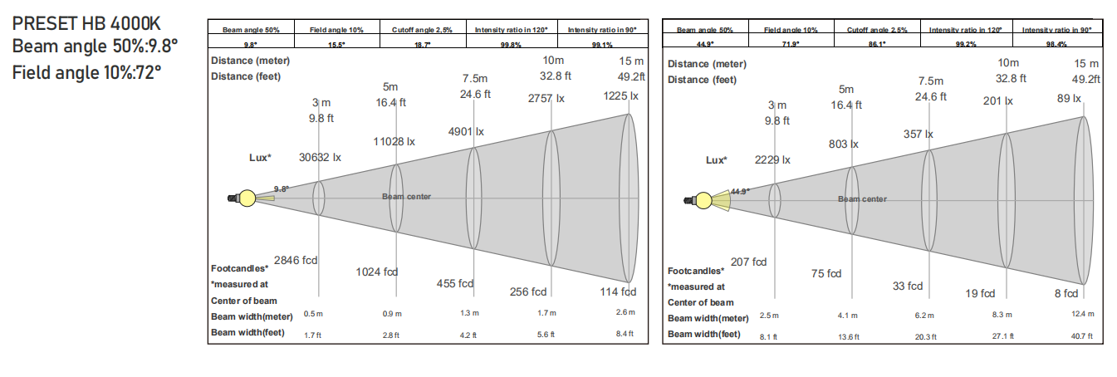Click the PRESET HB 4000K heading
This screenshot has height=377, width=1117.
tap(86, 23)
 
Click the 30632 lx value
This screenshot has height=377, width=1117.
tap(320, 158)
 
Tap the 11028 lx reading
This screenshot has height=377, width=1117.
tap(394, 142)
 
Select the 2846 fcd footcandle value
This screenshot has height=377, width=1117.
tap(295, 260)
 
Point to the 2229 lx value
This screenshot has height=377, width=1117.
tap(772, 160)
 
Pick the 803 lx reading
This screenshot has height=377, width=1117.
tap(844, 144)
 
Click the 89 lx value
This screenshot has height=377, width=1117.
tap(1069, 99)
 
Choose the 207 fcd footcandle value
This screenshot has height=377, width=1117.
tap(748, 262)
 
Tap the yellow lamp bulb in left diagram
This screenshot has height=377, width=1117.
tap(247, 198)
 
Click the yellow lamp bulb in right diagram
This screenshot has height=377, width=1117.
tap(703, 200)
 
